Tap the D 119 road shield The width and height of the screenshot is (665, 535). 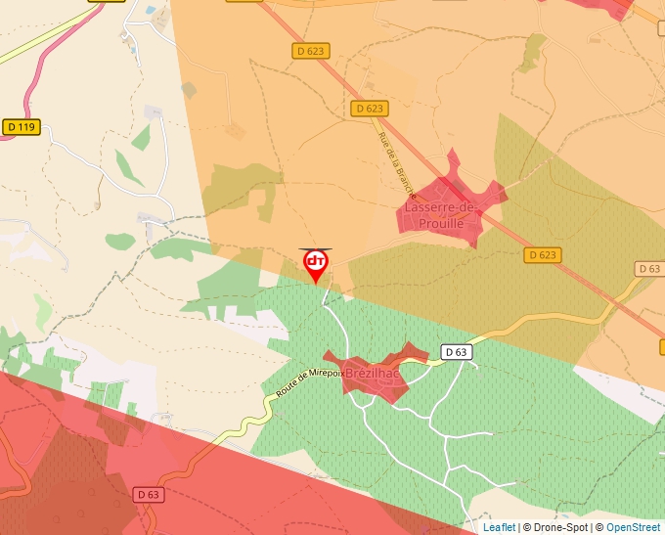pyautogui.click(x=22, y=126)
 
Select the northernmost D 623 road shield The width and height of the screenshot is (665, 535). pyautogui.click(x=311, y=50)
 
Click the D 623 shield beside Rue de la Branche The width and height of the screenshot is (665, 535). pyautogui.click(x=370, y=109)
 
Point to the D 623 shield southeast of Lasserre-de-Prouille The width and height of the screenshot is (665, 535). pyautogui.click(x=542, y=255)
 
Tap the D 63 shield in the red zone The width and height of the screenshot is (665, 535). pyautogui.click(x=148, y=495)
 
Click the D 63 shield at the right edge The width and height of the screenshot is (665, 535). pyautogui.click(x=649, y=269)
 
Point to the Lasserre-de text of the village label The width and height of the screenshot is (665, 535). pyautogui.click(x=439, y=208)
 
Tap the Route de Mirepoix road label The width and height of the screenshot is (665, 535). pyautogui.click(x=309, y=382)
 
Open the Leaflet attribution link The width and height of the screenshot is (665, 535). pyautogui.click(x=499, y=527)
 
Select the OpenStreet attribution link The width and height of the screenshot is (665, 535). pyautogui.click(x=633, y=527)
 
